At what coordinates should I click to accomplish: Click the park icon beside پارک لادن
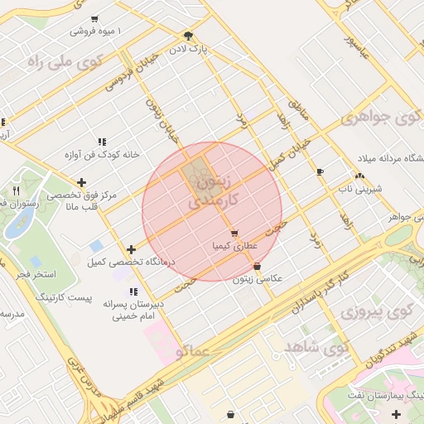tap(188, 36)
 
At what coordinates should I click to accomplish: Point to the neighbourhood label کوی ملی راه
tap(64, 61)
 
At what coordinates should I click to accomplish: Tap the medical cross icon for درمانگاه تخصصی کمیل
tap(131, 249)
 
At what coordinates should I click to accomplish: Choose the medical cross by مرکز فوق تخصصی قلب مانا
tap(81, 183)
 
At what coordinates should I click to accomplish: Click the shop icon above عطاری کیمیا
tap(235, 234)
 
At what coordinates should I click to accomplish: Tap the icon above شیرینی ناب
tap(359, 176)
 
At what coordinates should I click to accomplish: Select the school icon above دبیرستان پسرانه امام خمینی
tap(132, 291)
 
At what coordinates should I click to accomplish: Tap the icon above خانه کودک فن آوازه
tap(102, 142)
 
